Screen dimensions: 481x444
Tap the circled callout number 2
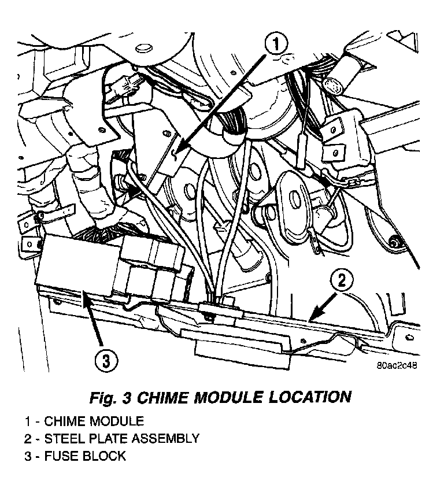point(342,282)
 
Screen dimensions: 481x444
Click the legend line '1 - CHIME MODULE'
point(84,421)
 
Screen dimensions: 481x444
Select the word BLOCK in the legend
point(105,456)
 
